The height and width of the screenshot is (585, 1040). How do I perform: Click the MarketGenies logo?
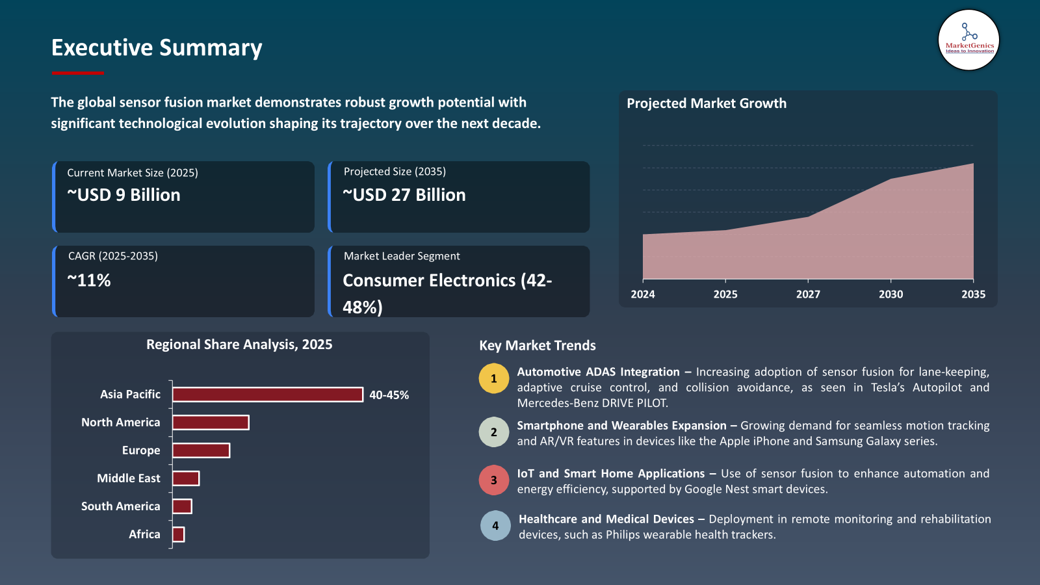tap(968, 40)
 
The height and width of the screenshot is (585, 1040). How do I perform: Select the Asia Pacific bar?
tap(267, 395)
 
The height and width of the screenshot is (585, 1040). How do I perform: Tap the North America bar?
tap(211, 422)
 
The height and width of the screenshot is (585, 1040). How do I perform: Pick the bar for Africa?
tap(178, 534)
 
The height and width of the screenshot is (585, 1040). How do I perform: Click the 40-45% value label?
tap(389, 395)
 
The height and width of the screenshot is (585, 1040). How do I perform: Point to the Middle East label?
tap(129, 478)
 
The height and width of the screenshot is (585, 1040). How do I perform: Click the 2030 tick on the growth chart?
tap(890, 294)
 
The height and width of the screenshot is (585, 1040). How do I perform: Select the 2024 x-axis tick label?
tap(643, 294)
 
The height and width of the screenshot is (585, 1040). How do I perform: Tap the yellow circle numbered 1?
tap(494, 378)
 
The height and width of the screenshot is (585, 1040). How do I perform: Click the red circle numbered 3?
tap(494, 480)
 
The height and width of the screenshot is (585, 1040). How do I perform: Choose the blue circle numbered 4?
tap(495, 526)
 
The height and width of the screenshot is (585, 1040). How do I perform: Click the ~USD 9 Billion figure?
tap(123, 195)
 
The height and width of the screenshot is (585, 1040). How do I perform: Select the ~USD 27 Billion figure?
tap(404, 195)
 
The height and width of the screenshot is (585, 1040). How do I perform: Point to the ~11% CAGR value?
tap(89, 281)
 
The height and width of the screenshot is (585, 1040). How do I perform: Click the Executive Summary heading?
tap(157, 47)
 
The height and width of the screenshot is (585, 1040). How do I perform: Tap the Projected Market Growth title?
tap(707, 103)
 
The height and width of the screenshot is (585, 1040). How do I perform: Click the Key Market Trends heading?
tap(538, 346)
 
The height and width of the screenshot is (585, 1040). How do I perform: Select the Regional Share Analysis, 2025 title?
tap(239, 344)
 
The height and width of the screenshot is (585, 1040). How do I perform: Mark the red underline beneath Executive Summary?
tap(77, 73)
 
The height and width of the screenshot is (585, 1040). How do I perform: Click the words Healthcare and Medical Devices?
tap(606, 519)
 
